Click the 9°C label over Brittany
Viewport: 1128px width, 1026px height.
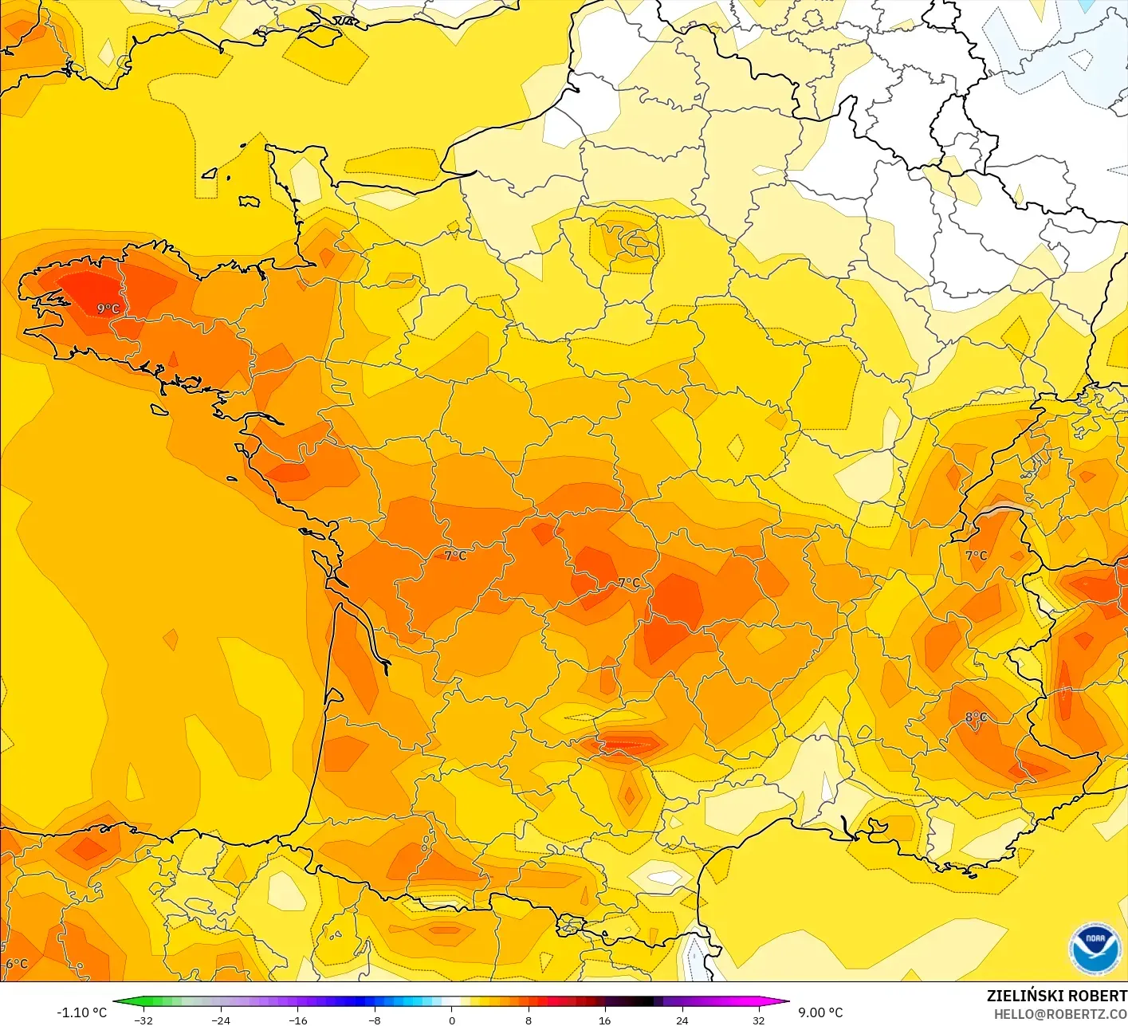[108, 309]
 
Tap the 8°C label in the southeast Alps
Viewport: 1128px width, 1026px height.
[976, 717]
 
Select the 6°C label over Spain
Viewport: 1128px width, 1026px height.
[17, 964]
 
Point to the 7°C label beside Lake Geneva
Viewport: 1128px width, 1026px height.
[976, 556]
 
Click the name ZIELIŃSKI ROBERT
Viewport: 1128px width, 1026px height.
[1056, 996]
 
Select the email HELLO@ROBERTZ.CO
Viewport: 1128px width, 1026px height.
[1060, 1014]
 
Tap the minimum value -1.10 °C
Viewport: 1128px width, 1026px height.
[81, 1012]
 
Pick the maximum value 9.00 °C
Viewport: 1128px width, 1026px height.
[820, 1012]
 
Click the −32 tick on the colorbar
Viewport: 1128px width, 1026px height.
[143, 1020]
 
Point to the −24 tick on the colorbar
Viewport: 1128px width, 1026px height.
[221, 1020]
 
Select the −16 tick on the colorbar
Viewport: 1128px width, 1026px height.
[297, 1020]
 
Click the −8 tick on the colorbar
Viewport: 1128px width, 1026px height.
[375, 1020]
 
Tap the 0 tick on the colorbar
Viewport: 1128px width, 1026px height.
[451, 1020]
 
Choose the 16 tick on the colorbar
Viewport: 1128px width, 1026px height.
[605, 1020]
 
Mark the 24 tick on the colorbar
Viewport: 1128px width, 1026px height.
[682, 1020]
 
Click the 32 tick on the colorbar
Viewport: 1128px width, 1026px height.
[758, 1020]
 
